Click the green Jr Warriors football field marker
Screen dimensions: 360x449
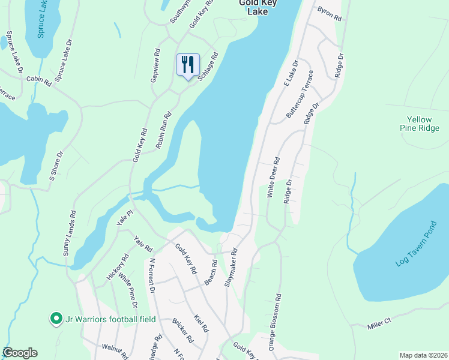pyautogui.click(x=56, y=319)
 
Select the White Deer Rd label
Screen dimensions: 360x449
pyautogui.click(x=274, y=178)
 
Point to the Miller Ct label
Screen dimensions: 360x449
pyautogui.click(x=379, y=323)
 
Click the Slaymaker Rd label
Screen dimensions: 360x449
pyautogui.click(x=232, y=268)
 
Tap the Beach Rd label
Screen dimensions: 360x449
pyautogui.click(x=212, y=271)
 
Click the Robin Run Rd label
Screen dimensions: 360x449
pyautogui.click(x=164, y=130)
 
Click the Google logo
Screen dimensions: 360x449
pyautogui.click(x=20, y=353)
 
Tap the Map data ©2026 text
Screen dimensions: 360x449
pyautogui.click(x=423, y=355)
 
